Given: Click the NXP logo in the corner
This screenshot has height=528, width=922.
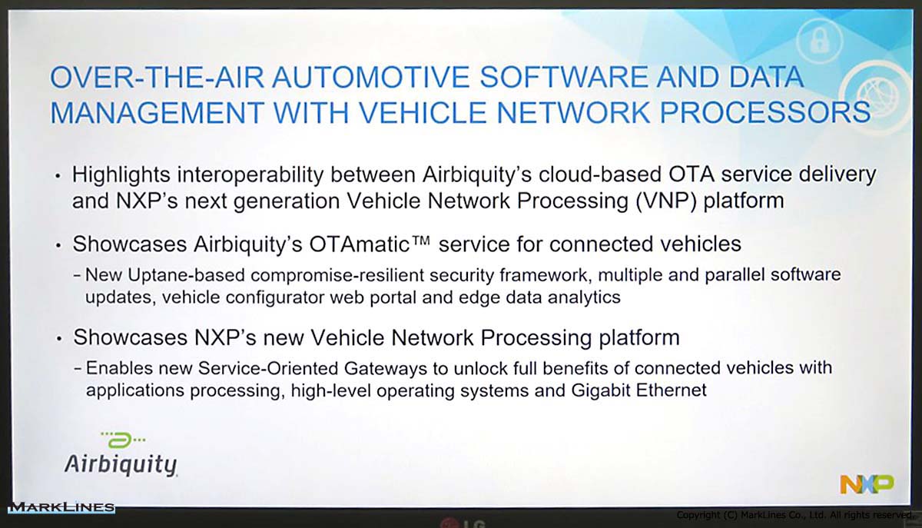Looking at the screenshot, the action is (x=867, y=484).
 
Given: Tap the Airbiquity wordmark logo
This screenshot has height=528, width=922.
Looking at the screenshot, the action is (x=121, y=464).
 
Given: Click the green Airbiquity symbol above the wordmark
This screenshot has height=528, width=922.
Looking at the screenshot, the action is (x=123, y=440).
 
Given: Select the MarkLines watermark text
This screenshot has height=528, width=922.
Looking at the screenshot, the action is (x=61, y=507).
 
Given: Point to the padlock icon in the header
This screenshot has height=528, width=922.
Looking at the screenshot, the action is (x=819, y=41).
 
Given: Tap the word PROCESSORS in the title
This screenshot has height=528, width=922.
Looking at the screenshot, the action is (x=765, y=112).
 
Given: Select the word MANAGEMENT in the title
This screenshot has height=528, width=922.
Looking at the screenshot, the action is (x=157, y=112).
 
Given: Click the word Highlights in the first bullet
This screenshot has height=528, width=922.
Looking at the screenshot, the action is (x=121, y=175).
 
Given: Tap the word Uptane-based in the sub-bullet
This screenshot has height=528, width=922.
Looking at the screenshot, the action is (x=187, y=275).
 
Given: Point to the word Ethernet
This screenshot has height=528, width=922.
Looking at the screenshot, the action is (x=672, y=390).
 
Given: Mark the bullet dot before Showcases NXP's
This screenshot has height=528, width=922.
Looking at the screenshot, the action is (x=60, y=340).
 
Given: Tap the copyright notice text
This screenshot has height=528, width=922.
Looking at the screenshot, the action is (x=794, y=515).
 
